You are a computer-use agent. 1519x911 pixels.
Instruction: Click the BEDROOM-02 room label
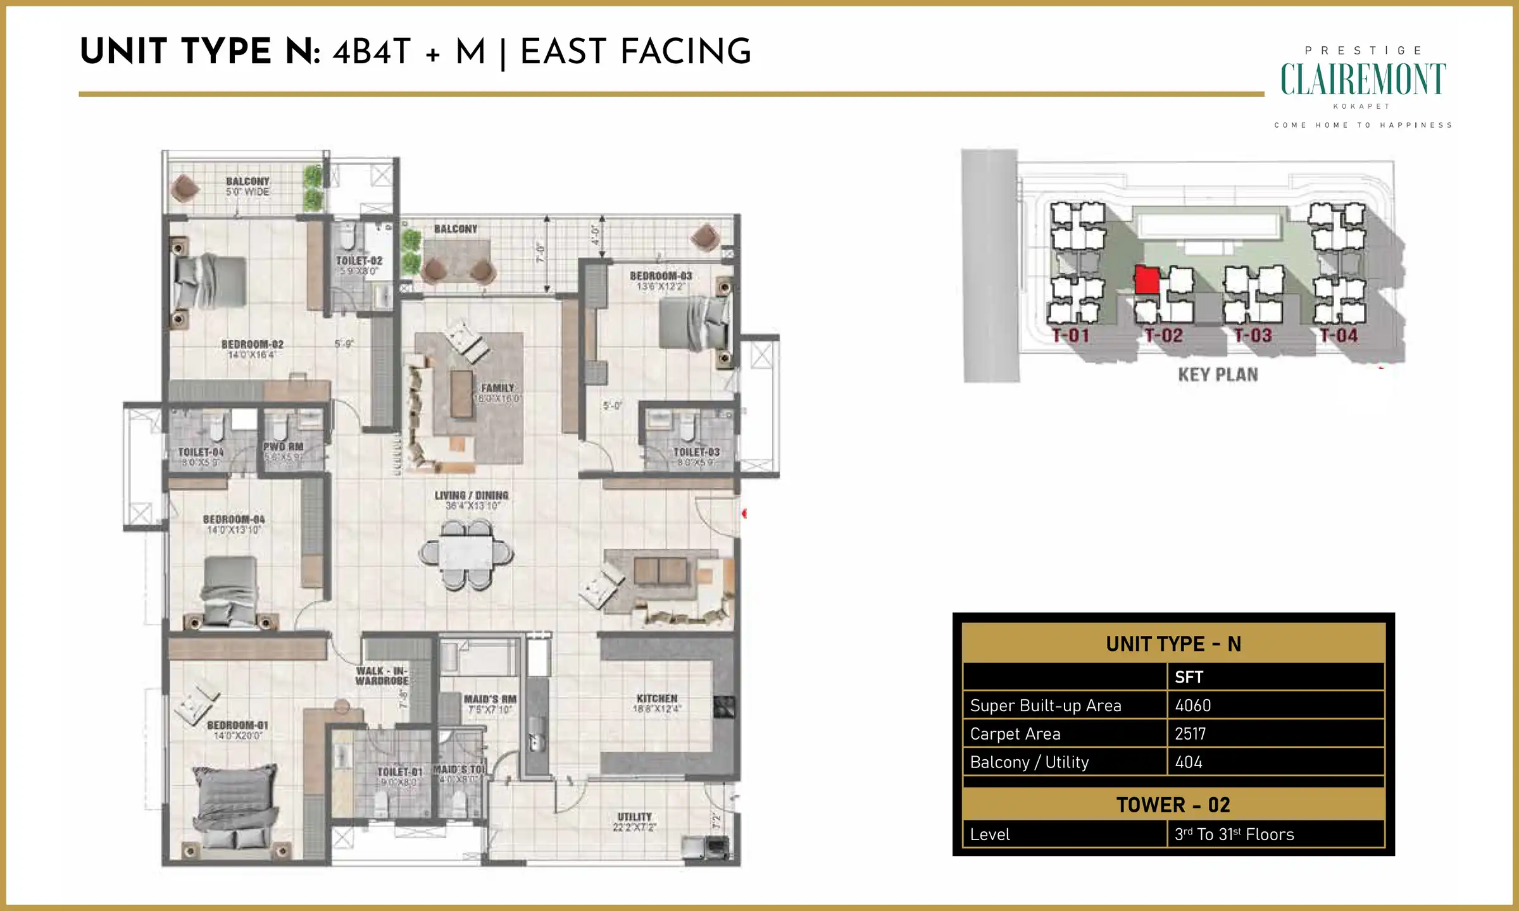click(x=252, y=345)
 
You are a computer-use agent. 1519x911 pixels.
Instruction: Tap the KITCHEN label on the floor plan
click(x=657, y=698)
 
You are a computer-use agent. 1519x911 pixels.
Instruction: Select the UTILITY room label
click(x=634, y=817)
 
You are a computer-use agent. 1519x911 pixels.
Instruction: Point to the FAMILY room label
click(x=497, y=388)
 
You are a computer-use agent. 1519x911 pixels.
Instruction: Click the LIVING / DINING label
click(x=472, y=495)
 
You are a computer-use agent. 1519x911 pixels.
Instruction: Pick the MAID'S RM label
click(x=490, y=699)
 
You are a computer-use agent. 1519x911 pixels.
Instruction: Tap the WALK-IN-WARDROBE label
click(x=382, y=676)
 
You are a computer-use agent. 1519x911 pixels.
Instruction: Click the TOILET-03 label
click(x=696, y=452)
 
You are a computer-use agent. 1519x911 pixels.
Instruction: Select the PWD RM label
click(x=283, y=447)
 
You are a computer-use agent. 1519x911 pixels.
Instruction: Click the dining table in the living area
click(x=466, y=554)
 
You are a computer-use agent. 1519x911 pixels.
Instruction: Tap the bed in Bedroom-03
click(x=693, y=323)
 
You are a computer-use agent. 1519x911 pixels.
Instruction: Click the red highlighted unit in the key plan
click(x=1146, y=280)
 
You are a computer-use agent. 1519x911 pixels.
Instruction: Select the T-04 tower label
click(x=1338, y=335)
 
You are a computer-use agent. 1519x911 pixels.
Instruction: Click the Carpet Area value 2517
click(x=1190, y=734)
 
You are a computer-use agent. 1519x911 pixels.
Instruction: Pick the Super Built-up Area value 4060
click(x=1192, y=705)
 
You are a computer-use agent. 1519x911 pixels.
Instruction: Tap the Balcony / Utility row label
click(x=1029, y=762)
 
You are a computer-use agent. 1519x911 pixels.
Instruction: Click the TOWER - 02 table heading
click(x=1173, y=805)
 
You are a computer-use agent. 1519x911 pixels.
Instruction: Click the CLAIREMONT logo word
click(x=1363, y=80)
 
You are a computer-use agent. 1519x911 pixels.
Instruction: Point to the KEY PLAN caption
click(x=1218, y=375)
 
